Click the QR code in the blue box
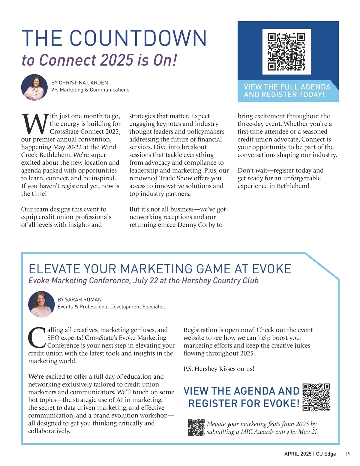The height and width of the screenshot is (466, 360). pyautogui.click(x=286, y=52)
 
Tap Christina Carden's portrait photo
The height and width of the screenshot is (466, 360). pyautogui.click(x=34, y=87)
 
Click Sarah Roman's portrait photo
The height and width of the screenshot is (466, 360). pyautogui.click(x=41, y=304)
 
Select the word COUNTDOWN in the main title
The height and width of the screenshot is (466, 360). pyautogui.click(x=138, y=38)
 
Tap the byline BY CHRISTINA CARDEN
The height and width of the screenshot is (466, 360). pyautogui.click(x=79, y=83)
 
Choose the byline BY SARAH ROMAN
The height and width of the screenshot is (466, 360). pyautogui.click(x=79, y=299)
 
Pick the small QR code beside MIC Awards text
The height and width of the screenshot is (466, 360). pyautogui.click(x=196, y=428)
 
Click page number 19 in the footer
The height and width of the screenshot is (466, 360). pyautogui.click(x=348, y=454)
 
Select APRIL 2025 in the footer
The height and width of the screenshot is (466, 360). pyautogui.click(x=298, y=454)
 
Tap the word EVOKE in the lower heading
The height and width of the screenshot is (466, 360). pyautogui.click(x=271, y=269)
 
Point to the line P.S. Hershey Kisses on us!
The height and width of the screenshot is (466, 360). pyautogui.click(x=219, y=369)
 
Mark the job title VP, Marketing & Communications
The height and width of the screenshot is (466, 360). pyautogui.click(x=90, y=90)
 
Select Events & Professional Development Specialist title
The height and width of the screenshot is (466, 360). pyautogui.click(x=111, y=307)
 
